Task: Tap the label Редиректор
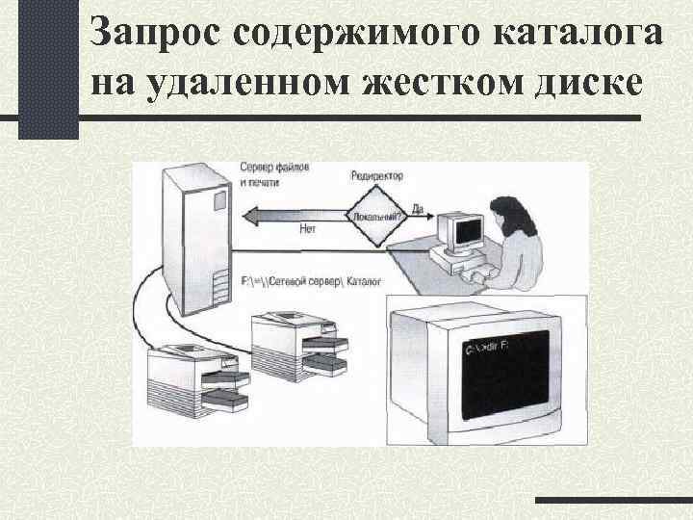[377, 177]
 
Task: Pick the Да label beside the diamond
[417, 208]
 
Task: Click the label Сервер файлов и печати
[273, 174]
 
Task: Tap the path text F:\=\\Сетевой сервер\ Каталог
[310, 281]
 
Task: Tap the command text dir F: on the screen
[493, 345]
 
